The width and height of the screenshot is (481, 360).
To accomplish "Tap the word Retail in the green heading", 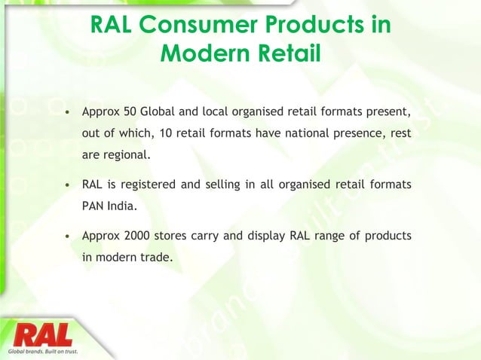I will click(x=283, y=54).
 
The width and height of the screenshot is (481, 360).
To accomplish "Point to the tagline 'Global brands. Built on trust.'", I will click(x=43, y=351).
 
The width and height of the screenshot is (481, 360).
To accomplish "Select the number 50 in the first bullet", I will click(x=129, y=113).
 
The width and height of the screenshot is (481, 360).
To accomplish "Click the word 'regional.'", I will click(x=127, y=155).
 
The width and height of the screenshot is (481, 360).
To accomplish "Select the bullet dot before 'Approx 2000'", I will click(x=69, y=236).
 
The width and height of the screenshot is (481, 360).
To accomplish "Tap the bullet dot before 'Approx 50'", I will click(x=69, y=114).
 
